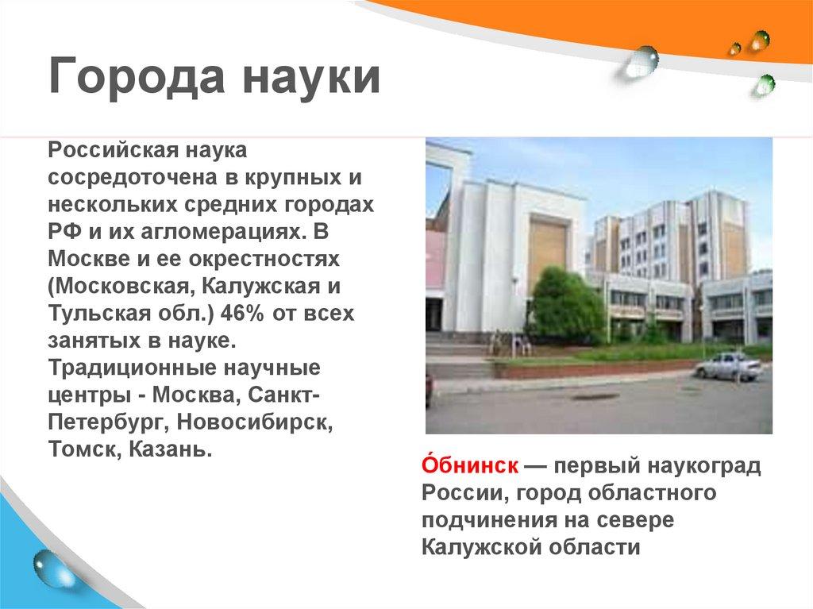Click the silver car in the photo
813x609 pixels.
(x=728, y=366)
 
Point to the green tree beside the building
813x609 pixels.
(x=564, y=306)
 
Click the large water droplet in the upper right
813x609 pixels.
(x=641, y=61)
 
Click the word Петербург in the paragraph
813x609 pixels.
(x=101, y=423)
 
